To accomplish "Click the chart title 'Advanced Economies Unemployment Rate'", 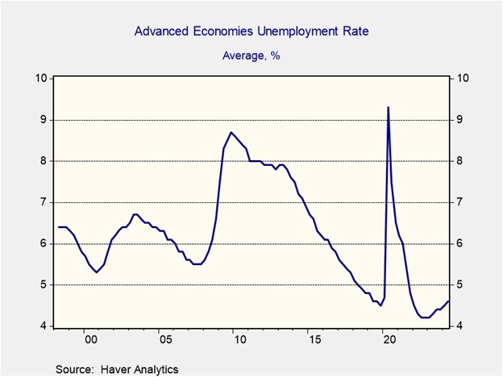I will [x=251, y=31].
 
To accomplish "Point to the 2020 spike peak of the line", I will [x=389, y=107].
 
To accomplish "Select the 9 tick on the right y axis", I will [x=460, y=120].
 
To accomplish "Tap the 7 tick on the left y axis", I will [x=43, y=203].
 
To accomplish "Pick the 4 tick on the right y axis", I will [x=460, y=326].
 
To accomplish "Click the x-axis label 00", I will [x=90, y=341].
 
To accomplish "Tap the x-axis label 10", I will [x=239, y=341].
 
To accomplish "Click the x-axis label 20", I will [x=389, y=341].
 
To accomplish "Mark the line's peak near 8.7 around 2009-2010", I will [x=231, y=132].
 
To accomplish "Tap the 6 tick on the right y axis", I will [x=460, y=244].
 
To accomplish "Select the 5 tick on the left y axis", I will [x=43, y=285].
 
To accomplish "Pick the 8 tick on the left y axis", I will [x=43, y=161].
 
